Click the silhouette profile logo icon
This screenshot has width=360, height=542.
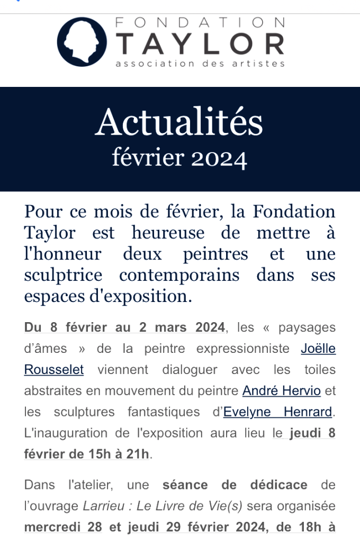click(x=82, y=42)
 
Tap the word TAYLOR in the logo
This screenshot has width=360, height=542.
click(x=201, y=44)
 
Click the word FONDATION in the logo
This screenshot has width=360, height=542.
click(x=200, y=22)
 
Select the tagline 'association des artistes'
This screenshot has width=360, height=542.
click(x=200, y=64)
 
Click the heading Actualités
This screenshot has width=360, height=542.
click(x=179, y=122)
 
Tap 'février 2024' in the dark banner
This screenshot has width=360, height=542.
click(x=179, y=157)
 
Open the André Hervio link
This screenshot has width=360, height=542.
click(x=282, y=390)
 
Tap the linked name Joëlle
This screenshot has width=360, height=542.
click(x=318, y=348)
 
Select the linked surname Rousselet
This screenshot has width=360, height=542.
click(x=54, y=369)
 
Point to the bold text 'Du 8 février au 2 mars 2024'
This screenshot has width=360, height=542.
click(x=125, y=327)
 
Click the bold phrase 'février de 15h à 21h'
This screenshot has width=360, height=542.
click(x=87, y=454)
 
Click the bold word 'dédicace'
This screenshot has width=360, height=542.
click(x=279, y=485)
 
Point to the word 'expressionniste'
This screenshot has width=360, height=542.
click(x=243, y=348)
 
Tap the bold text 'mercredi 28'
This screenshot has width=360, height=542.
click(x=59, y=527)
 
